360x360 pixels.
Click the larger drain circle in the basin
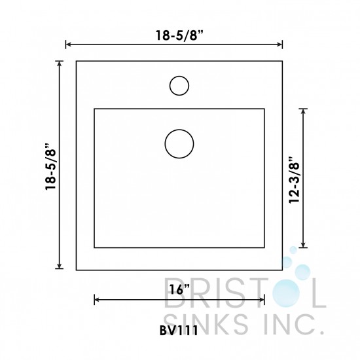pyautogui.click(x=179, y=144)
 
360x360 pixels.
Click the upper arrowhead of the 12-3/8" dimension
pyautogui.click(x=304, y=110)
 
